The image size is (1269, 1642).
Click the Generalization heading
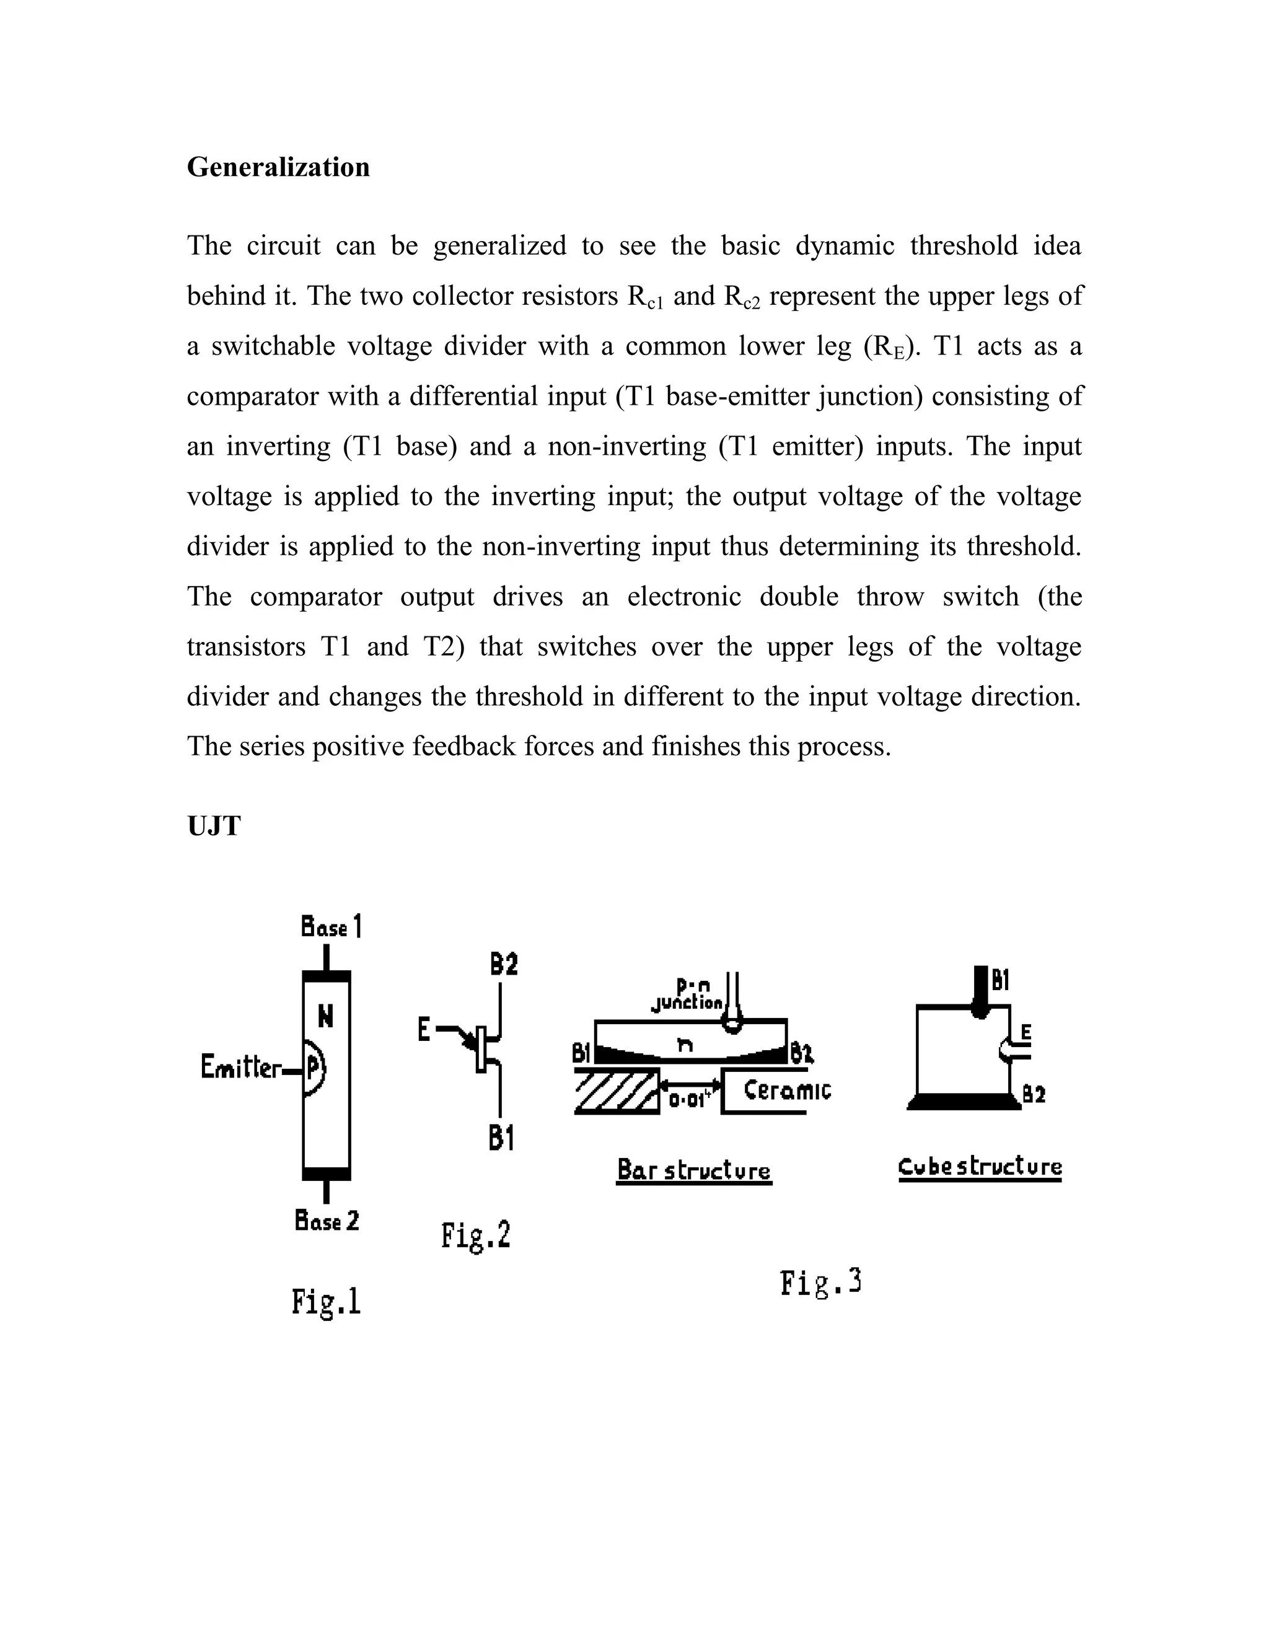(278, 167)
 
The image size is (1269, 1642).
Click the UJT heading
(214, 825)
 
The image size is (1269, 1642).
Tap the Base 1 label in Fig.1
(331, 927)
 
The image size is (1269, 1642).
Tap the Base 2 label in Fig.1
(327, 1221)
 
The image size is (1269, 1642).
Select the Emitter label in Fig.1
(240, 1067)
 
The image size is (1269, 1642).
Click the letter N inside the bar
(325, 1017)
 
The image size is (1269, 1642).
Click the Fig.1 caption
(327, 1301)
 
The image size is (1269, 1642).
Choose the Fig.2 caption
(476, 1236)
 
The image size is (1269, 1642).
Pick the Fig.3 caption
(820, 1282)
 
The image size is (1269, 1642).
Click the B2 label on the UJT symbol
(504, 965)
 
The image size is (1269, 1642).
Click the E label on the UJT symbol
(424, 1030)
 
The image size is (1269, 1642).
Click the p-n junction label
(687, 994)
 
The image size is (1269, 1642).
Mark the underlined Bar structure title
(694, 1170)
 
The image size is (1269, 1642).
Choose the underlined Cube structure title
(980, 1167)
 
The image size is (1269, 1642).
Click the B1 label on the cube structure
(1001, 980)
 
